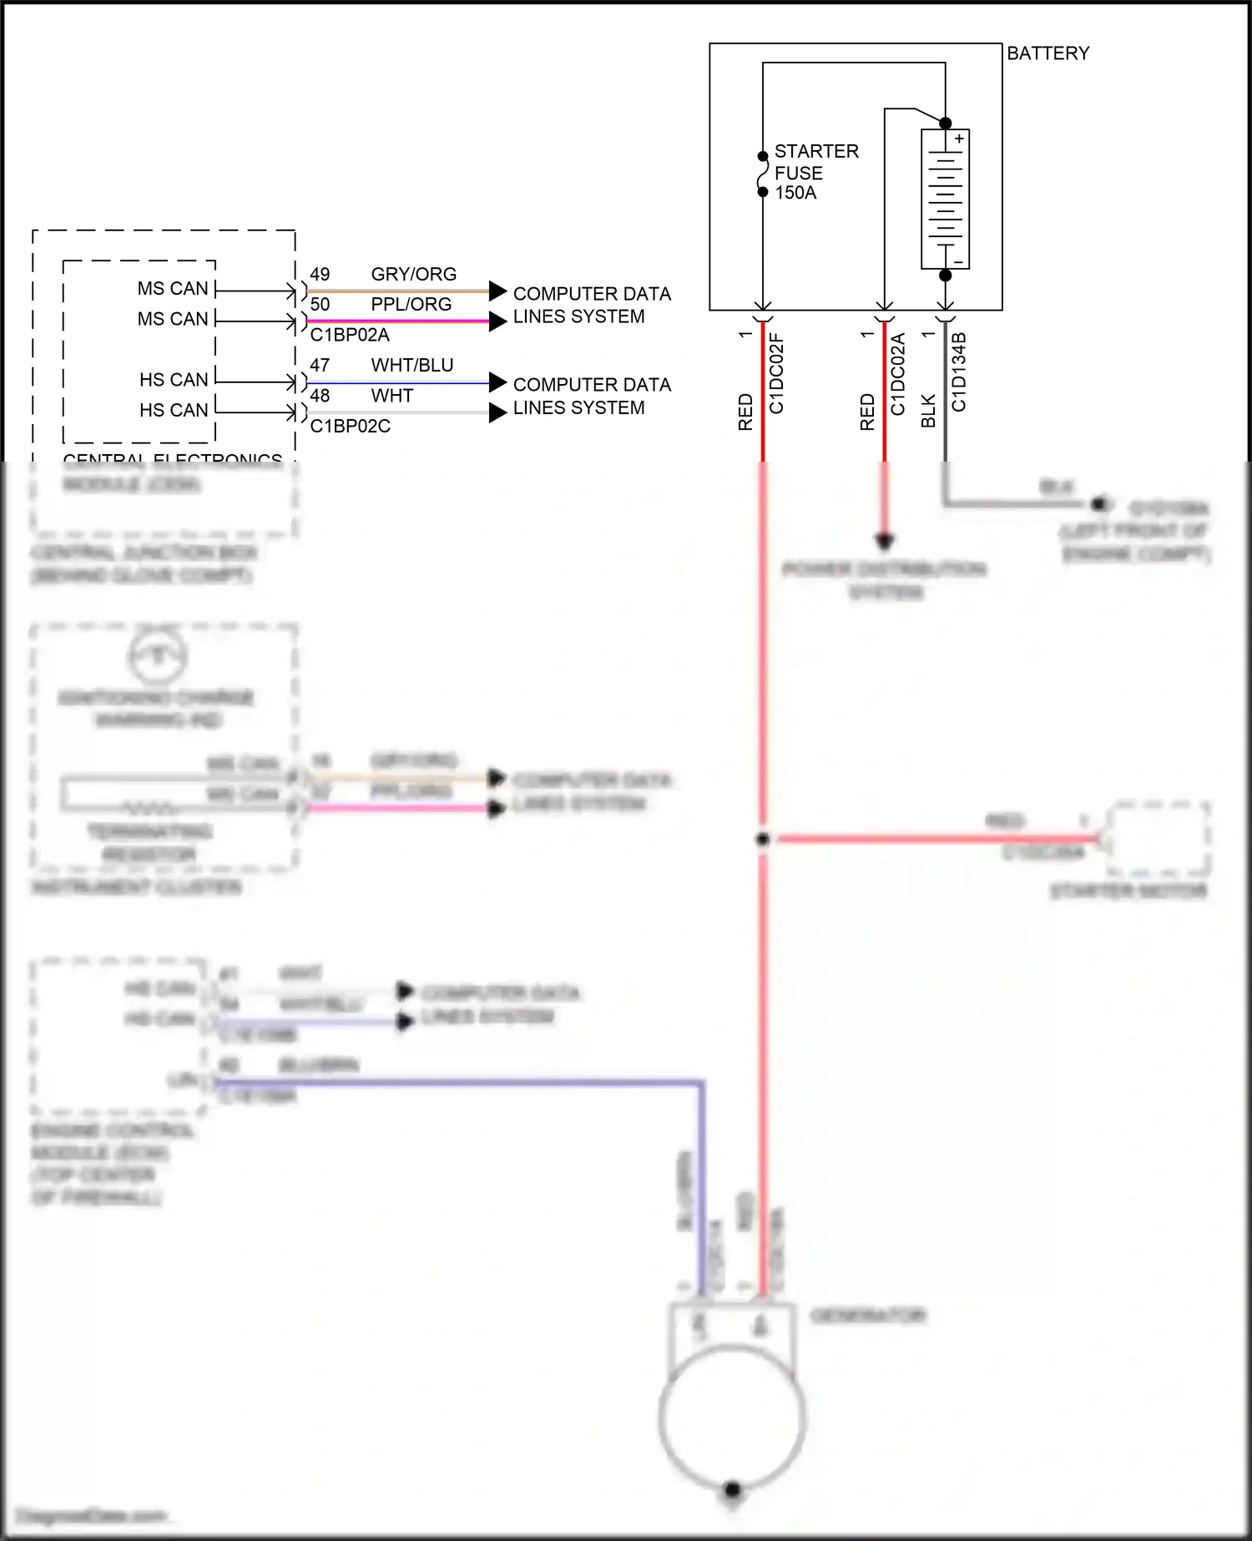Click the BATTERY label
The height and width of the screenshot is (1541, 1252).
tap(1048, 53)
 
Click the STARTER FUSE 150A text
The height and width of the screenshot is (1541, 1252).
tap(815, 172)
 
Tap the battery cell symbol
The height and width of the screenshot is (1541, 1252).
tap(945, 199)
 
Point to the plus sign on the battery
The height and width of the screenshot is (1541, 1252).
tap(960, 139)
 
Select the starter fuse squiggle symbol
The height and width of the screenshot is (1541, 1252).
tap(762, 174)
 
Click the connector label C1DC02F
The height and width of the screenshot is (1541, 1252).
tap(776, 373)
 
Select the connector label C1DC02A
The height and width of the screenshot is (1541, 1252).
tap(898, 373)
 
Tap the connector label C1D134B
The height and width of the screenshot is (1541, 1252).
tap(959, 371)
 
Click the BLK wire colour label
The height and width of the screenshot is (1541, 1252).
tap(928, 412)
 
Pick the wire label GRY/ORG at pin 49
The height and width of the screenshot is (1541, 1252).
tap(413, 275)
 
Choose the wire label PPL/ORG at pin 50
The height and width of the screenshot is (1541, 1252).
tap(411, 305)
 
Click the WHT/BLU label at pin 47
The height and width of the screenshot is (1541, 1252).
tap(412, 366)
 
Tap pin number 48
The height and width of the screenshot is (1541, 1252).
tap(320, 396)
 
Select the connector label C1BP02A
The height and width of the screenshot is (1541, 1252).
tap(350, 335)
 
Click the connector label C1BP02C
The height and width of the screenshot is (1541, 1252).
tap(350, 426)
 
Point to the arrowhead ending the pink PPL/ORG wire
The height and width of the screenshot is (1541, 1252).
tap(497, 321)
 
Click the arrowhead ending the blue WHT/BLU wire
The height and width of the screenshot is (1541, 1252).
tap(497, 382)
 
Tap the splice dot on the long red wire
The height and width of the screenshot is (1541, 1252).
tap(762, 839)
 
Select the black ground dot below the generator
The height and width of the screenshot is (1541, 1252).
tap(732, 1488)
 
